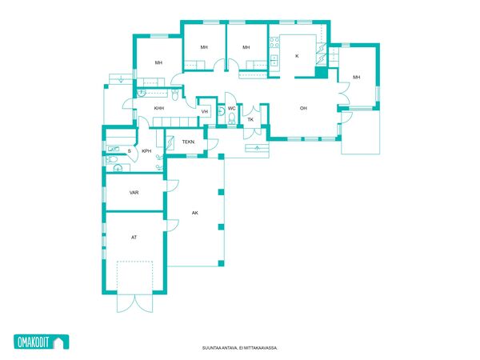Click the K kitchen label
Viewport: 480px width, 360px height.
297,56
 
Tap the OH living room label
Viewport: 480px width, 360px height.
303,108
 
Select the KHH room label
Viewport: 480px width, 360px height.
159,108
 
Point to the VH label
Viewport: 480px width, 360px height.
205,111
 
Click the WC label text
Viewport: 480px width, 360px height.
232,108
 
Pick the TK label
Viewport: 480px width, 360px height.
250,119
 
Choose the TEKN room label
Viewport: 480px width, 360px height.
188,142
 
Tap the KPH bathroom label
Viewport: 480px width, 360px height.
146,151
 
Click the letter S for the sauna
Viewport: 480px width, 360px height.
129,151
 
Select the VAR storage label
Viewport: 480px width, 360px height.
134,193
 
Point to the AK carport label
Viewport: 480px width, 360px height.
194,213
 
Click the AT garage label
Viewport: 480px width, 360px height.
134,238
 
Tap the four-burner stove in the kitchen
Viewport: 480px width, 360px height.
274,42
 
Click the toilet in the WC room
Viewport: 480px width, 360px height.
232,118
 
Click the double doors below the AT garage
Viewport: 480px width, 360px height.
134,303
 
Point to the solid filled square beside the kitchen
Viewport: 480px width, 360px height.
321,72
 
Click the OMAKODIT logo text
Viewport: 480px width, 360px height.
34,342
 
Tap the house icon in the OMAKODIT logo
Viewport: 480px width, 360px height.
58,342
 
